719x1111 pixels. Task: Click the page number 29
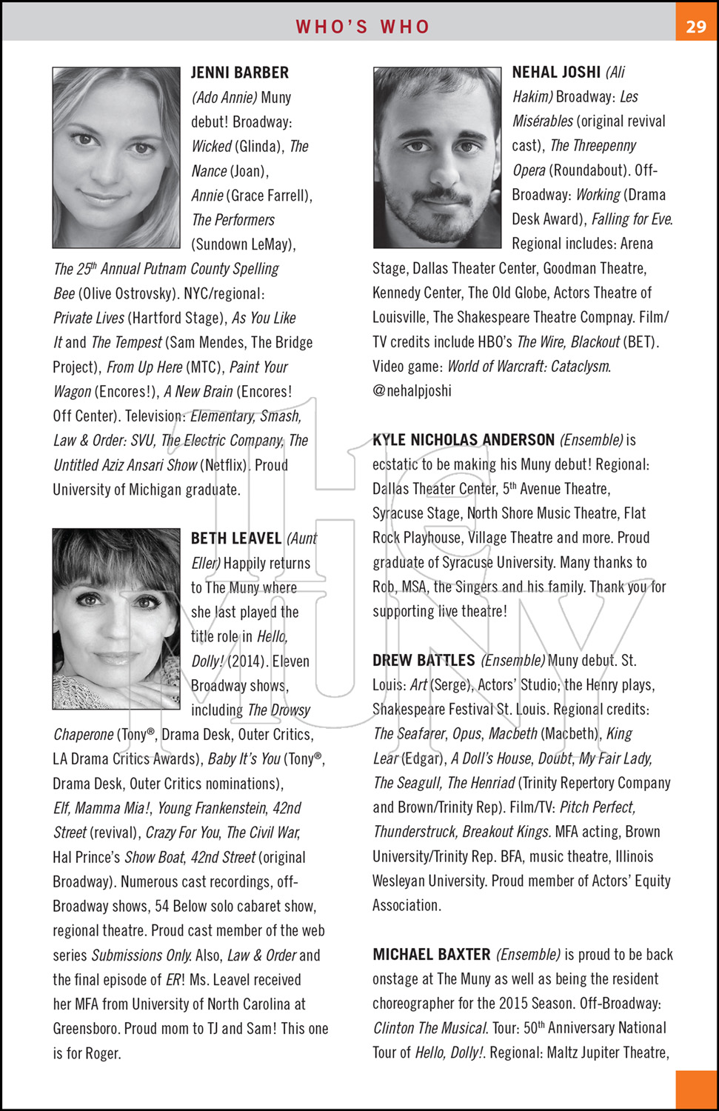(696, 27)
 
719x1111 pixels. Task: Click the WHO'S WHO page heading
(362, 27)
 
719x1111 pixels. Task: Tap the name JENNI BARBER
(240, 73)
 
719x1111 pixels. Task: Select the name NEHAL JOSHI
(556, 72)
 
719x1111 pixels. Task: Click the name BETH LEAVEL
(236, 538)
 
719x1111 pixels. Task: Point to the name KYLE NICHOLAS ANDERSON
(464, 440)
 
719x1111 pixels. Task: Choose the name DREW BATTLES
(424, 660)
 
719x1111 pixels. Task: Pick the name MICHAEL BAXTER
(432, 954)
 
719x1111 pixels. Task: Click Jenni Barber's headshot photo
(116, 157)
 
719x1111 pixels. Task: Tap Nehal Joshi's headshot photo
(437, 157)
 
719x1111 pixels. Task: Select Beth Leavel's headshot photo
(116, 618)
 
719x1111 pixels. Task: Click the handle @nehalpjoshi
(412, 390)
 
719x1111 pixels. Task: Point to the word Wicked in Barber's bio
(212, 146)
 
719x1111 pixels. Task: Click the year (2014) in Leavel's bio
(248, 661)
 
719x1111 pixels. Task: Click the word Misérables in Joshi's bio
(543, 121)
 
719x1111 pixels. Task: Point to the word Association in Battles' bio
(407, 905)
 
